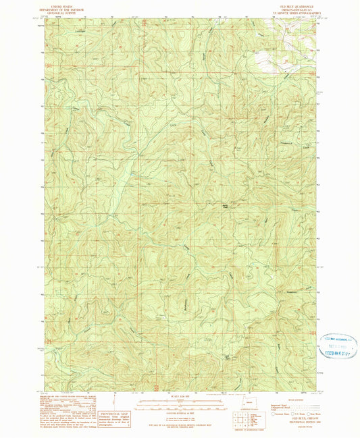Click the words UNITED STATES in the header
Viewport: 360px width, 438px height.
[x=59, y=3]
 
